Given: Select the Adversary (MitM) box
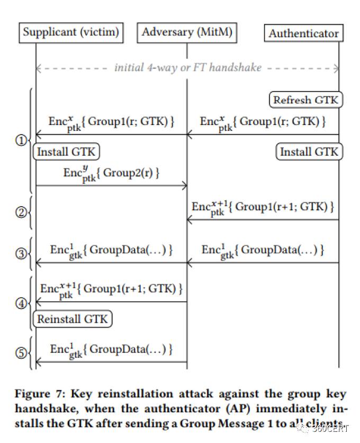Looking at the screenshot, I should pos(187,33).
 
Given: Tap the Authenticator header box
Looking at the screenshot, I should pos(303,33).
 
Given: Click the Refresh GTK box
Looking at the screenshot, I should pos(305,100).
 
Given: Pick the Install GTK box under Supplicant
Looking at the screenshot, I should pos(66,152).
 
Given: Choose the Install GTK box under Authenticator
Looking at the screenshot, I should pos(309,152).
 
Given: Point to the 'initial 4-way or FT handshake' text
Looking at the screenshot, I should pos(187,68).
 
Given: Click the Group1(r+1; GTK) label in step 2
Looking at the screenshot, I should pos(263,207).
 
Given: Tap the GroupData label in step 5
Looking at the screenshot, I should pos(111,350).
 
